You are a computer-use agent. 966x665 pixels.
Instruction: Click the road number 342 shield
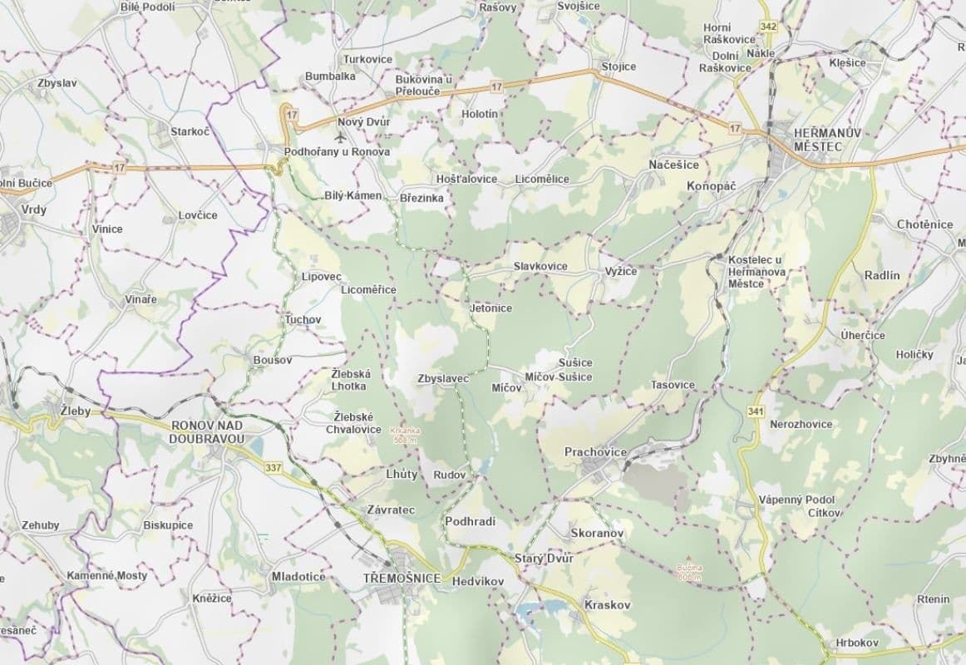[768, 27]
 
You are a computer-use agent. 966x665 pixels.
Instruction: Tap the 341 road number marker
[756, 411]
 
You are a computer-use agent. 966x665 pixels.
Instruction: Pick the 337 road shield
[274, 467]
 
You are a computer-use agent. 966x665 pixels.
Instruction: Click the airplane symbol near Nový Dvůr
[340, 135]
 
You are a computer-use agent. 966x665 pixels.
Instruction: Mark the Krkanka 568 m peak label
[404, 435]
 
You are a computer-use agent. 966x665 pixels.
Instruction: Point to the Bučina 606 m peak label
[689, 572]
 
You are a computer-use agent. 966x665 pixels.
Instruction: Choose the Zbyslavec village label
[443, 378]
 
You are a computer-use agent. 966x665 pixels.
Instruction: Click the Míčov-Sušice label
[558, 377]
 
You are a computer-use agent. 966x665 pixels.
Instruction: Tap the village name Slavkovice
[540, 266]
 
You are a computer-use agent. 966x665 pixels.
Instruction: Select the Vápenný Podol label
[796, 500]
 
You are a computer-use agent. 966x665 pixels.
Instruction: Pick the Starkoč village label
[190, 131]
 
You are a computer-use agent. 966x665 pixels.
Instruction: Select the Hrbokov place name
[857, 643]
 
